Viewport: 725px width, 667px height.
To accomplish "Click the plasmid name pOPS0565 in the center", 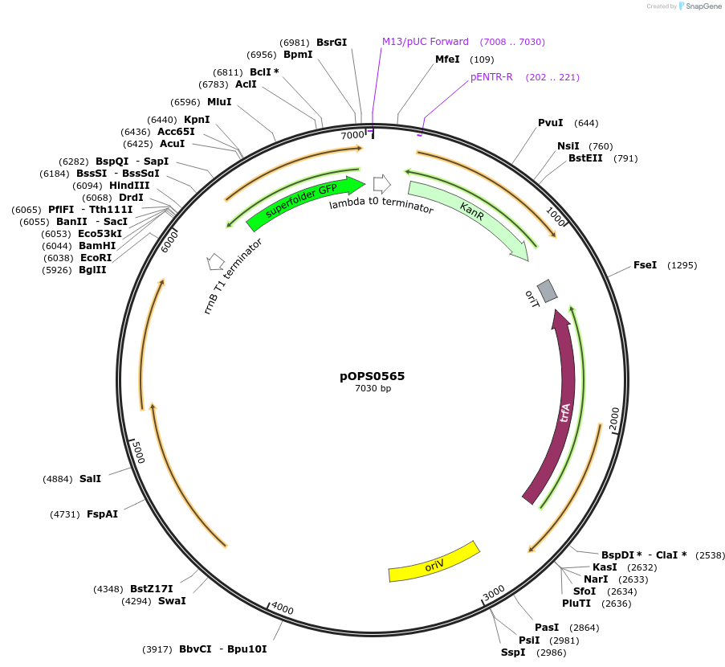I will pos(373,375).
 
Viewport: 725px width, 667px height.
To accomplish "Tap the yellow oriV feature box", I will pos(434,561).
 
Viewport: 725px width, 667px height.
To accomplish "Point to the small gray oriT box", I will pos(547,290).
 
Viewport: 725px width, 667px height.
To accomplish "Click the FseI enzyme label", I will pos(645,265).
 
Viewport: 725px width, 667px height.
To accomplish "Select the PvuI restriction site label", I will pos(550,123).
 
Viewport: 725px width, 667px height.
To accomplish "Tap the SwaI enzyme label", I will pos(172,600).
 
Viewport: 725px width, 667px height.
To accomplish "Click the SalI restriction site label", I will pos(90,479).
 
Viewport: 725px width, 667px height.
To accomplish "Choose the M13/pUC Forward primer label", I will pos(425,42).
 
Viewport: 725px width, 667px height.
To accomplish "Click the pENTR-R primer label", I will pos(491,77).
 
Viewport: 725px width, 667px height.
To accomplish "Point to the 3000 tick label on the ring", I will pos(494,591).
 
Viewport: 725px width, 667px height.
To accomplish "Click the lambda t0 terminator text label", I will pos(381,207).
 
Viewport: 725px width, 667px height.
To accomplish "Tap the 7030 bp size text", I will pos(373,389).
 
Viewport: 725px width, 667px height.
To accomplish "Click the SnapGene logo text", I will pos(702,6).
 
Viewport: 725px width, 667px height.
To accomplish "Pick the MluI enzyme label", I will pos(219,102).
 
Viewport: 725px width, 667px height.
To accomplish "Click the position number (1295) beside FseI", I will pos(682,265).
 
